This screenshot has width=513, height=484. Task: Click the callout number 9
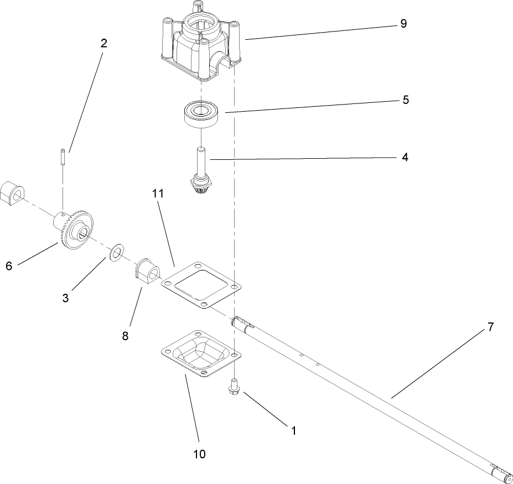click(x=403, y=24)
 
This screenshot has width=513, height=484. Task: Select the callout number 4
click(x=405, y=158)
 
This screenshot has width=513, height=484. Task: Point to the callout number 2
click(x=103, y=44)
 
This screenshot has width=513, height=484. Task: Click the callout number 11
click(x=157, y=194)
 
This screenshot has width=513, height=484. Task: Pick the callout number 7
click(x=490, y=327)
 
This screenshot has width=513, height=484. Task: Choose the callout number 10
click(x=199, y=454)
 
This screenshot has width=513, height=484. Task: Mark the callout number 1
click(x=293, y=430)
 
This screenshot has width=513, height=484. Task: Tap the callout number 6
click(x=9, y=266)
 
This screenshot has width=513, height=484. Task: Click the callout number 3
click(x=65, y=298)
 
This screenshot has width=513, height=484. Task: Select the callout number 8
click(x=126, y=336)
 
